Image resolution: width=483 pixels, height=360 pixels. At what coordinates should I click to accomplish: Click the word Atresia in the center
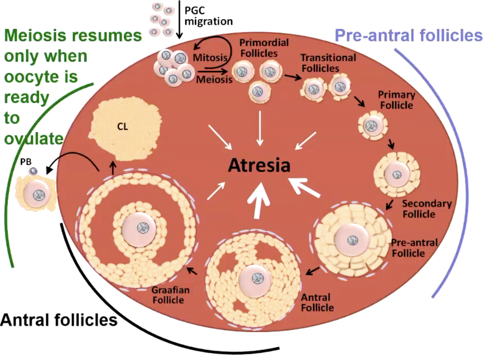click(x=259, y=165)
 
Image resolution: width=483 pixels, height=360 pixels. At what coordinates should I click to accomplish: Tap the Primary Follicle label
click(x=396, y=100)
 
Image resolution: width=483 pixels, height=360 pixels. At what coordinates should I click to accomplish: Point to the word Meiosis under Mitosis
click(x=214, y=80)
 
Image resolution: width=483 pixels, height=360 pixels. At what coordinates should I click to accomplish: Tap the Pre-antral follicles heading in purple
click(x=408, y=35)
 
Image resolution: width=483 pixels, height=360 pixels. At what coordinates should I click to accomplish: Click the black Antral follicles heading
click(x=59, y=319)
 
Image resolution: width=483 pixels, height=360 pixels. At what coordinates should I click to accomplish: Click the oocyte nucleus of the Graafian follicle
click(x=142, y=228)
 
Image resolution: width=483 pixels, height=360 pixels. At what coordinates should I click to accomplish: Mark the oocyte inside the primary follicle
click(x=370, y=125)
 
